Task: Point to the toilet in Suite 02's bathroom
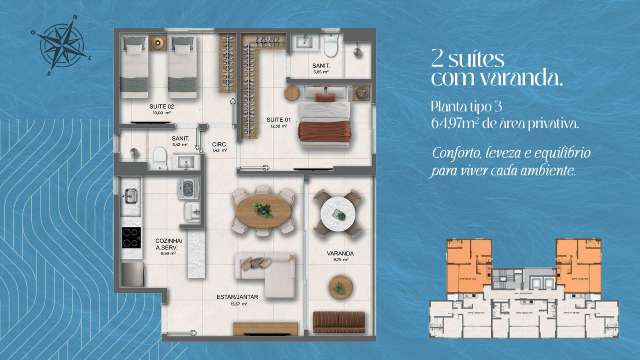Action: click(160, 154)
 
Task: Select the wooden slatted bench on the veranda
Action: click(341, 322)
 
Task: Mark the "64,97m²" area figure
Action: click(457, 123)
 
